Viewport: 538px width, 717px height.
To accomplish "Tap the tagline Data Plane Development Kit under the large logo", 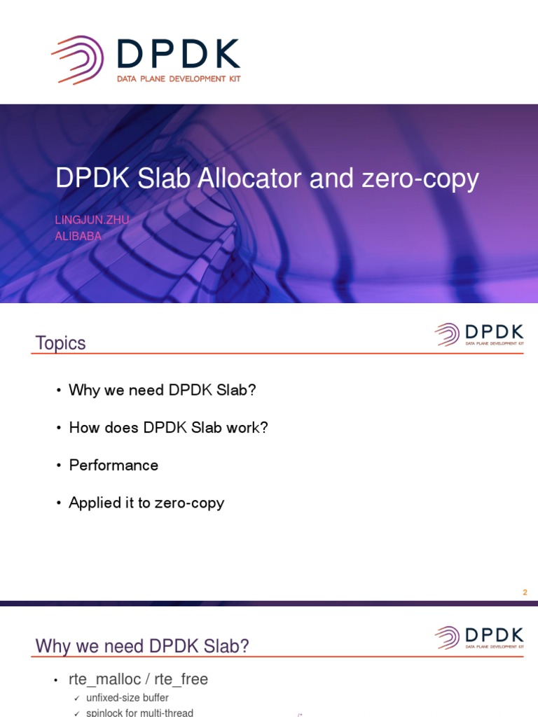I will [178, 79].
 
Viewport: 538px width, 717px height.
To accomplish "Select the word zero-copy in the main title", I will [420, 180].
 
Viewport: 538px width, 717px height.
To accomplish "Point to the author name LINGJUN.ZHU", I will [92, 220].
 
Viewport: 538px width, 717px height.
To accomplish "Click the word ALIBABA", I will [78, 236].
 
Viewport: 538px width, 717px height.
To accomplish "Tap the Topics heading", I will [61, 343].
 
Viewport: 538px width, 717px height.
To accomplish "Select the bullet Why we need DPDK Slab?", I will [163, 390].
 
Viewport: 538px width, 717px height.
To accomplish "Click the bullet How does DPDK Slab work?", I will [168, 428].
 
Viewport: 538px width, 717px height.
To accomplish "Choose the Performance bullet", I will [113, 466].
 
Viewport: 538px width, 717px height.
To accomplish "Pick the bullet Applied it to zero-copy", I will [146, 503].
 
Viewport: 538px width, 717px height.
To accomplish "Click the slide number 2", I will [525, 592].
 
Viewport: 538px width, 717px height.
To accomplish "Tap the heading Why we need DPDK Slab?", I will [142, 646].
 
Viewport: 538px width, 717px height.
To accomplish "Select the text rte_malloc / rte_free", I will [138, 679].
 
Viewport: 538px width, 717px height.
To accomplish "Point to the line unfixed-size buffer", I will [127, 698].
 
